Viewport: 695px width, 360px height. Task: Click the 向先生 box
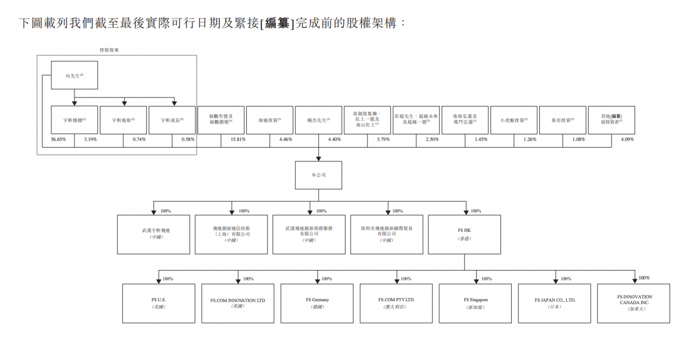(x=74, y=75)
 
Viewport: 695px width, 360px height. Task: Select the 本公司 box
(x=318, y=175)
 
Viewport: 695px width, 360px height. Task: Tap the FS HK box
(x=464, y=234)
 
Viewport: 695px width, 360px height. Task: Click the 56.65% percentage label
(x=58, y=140)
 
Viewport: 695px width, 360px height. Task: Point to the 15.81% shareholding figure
(x=238, y=140)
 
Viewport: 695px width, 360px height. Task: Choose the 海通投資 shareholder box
(x=270, y=120)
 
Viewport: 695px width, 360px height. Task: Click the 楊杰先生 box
(x=318, y=120)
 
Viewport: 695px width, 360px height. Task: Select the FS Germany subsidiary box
(x=317, y=303)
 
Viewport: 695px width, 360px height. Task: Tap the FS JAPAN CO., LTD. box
(x=554, y=303)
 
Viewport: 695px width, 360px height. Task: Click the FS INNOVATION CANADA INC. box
(x=634, y=303)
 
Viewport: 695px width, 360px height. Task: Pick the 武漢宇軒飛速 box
(x=153, y=234)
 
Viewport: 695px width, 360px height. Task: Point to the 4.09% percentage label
(x=626, y=140)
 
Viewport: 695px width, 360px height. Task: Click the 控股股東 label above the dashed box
(x=109, y=50)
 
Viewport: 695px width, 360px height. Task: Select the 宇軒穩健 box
(x=74, y=120)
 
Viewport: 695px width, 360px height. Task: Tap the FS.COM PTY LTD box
(x=396, y=303)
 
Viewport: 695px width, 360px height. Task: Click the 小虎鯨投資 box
(x=513, y=120)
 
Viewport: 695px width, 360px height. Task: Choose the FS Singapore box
(x=475, y=303)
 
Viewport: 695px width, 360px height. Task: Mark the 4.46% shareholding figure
(x=285, y=140)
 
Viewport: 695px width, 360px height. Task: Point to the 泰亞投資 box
(x=562, y=120)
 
